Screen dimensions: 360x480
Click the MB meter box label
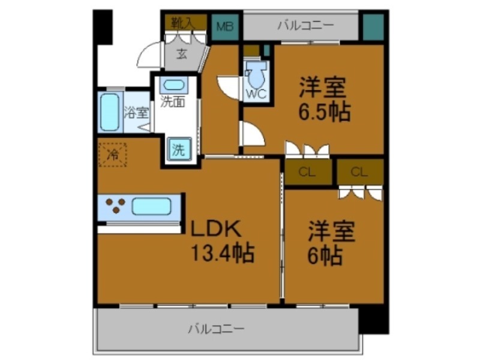[225, 26]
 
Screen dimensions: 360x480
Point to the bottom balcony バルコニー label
[216, 329]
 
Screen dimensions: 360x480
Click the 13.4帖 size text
[223, 253]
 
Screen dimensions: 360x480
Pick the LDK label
[215, 229]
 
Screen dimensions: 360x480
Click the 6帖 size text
[326, 256]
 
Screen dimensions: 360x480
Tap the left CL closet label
[307, 172]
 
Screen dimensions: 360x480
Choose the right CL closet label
[359, 172]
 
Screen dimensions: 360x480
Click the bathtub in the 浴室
[110, 112]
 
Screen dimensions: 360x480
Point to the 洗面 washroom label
[173, 102]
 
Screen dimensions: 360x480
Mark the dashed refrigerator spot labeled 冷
[113, 154]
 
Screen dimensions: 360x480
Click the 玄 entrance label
[181, 53]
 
